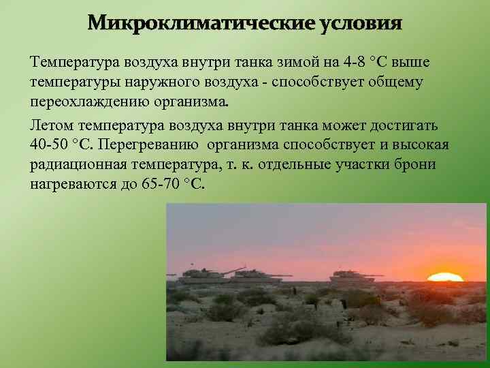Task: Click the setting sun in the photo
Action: coord(444,277)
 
